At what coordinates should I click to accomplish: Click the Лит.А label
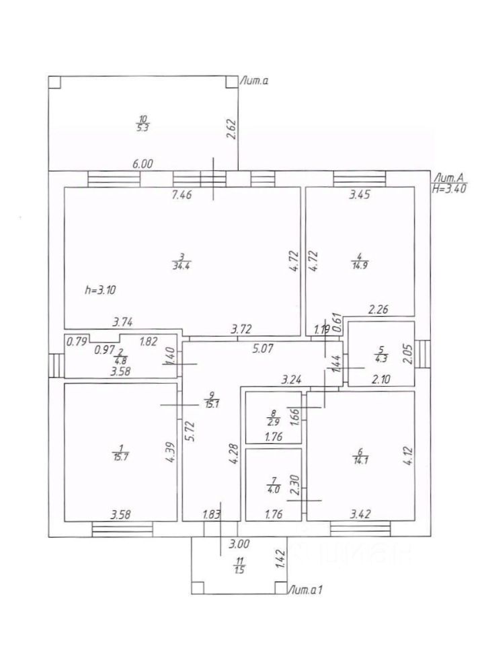coord(449,178)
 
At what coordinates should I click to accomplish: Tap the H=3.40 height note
coord(450,188)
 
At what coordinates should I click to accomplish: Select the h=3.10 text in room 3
coord(100,290)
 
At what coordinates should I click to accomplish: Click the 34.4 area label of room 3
coord(182,266)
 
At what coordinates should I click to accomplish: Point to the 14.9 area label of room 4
coord(360,265)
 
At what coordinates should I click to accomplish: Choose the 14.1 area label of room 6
coord(360,460)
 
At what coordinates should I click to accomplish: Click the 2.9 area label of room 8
coord(274,422)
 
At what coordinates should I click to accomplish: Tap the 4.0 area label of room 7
coord(274,491)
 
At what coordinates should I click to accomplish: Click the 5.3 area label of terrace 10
coord(143,128)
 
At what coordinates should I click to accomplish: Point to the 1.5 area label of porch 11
coord(239,570)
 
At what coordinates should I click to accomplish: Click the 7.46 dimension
coord(182,194)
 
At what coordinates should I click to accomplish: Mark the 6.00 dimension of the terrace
coord(143,164)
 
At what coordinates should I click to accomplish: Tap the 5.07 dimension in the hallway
coord(263,349)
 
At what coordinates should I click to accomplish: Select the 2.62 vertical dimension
coord(232,129)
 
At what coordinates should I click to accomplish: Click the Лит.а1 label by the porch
coord(305,590)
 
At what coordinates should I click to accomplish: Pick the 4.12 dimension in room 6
coord(408,456)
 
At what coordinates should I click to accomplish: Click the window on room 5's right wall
coord(422,354)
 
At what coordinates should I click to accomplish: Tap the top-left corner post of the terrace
coord(54,82)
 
